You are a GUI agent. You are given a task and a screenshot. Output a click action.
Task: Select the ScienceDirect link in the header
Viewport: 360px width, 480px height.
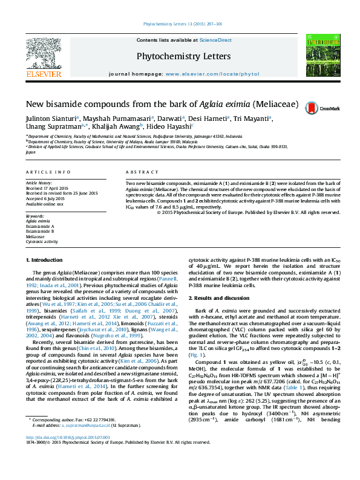215,40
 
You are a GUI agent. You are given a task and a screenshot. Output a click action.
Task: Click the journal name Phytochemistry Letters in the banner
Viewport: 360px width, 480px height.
183,56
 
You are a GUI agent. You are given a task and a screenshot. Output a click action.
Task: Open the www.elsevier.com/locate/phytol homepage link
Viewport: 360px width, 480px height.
208,73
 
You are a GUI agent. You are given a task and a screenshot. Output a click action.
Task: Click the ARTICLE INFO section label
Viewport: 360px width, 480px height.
48,172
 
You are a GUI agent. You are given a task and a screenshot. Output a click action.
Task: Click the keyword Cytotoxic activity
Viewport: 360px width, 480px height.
42,241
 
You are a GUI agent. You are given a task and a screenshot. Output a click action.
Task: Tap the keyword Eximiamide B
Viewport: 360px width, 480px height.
40,231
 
